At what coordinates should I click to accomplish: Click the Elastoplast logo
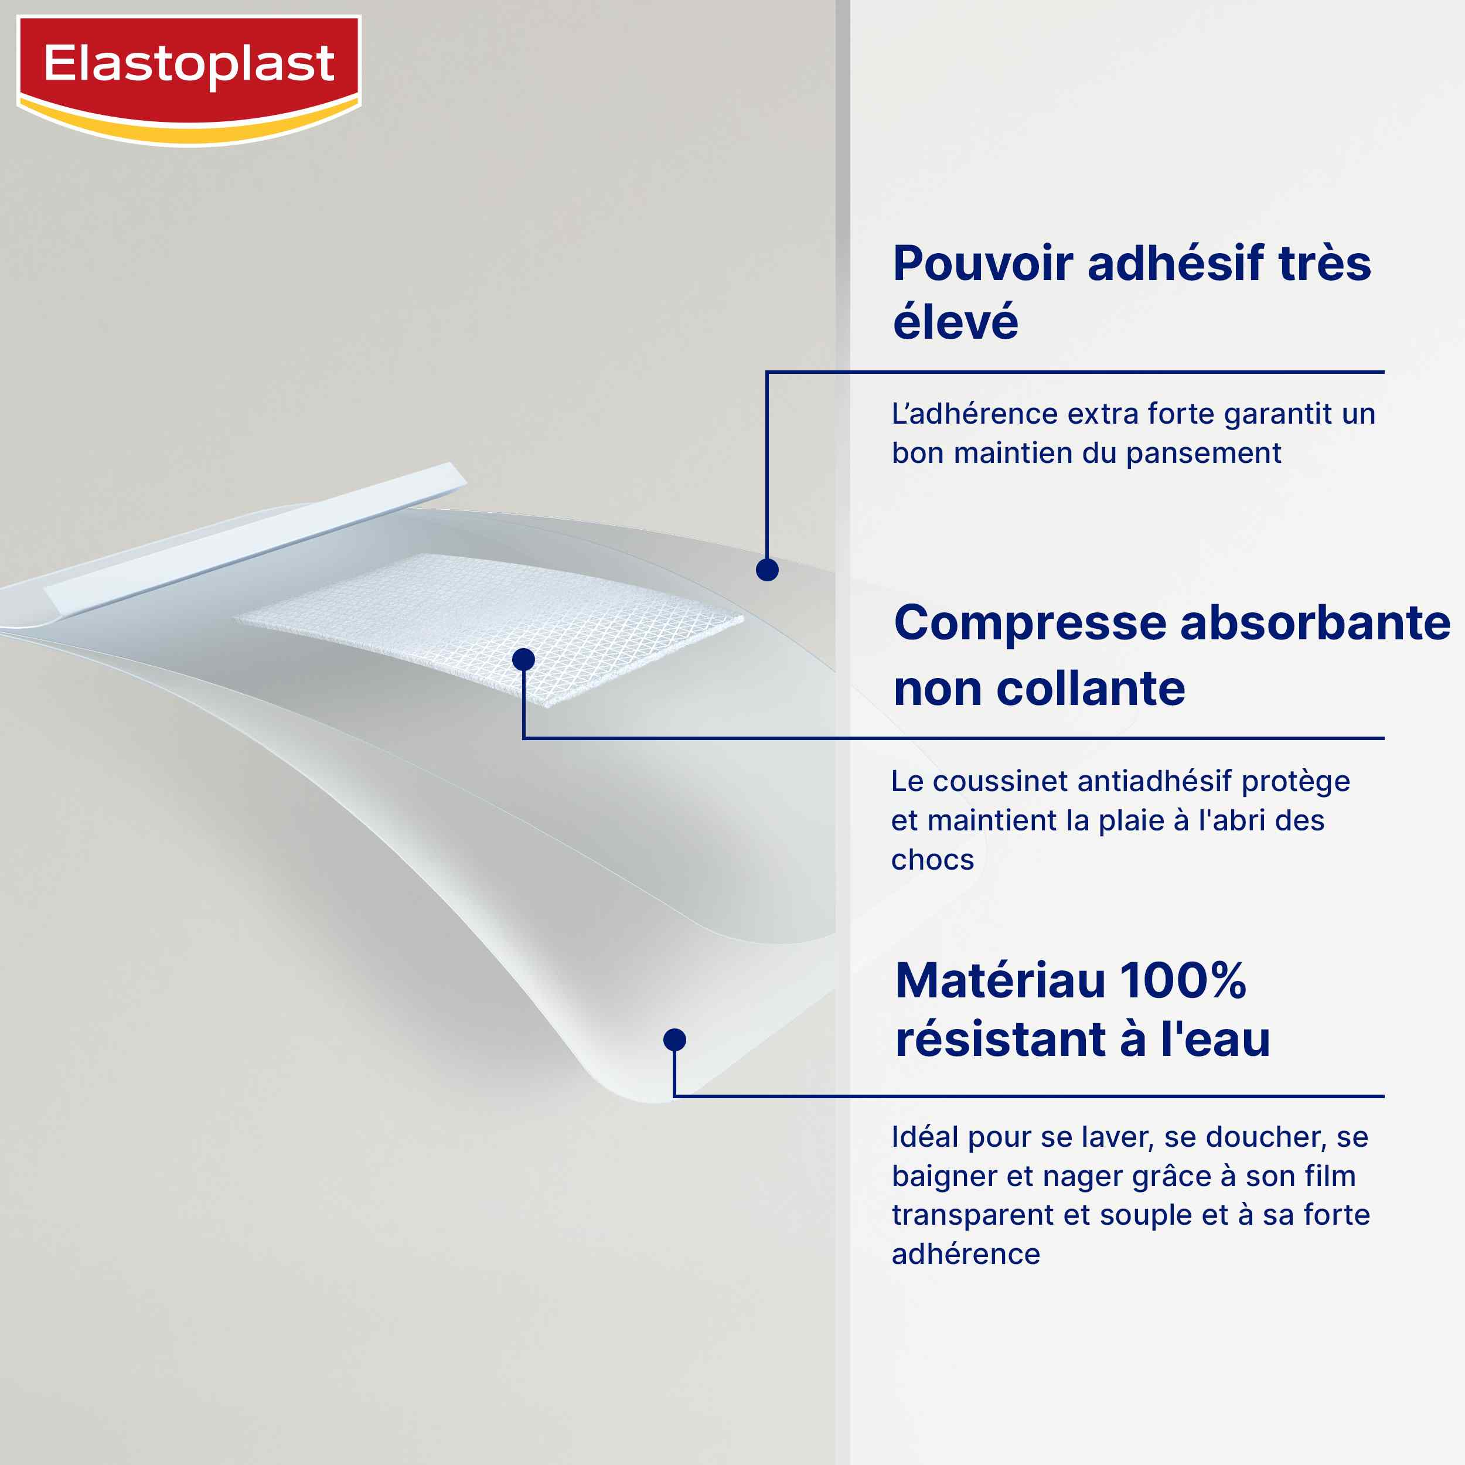189,80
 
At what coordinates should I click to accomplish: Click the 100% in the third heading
1183,980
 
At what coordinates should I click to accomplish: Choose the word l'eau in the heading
1215,1039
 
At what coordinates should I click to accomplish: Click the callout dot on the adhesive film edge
768,570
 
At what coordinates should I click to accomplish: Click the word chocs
932,860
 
